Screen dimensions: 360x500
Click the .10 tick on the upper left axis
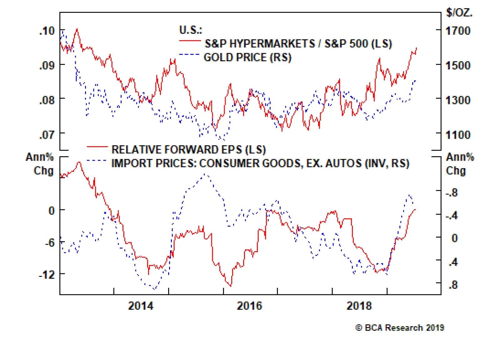point(47,31)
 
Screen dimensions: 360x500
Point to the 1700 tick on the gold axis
point(458,31)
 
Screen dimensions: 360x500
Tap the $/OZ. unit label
point(459,13)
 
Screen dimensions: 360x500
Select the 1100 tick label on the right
point(458,135)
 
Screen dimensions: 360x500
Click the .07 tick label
point(47,135)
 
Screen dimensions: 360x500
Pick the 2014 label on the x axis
point(141,306)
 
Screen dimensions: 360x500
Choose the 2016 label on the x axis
point(249,306)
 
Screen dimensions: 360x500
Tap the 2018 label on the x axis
point(359,306)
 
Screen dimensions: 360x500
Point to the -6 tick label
point(50,242)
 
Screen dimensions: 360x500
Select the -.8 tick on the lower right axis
point(452,192)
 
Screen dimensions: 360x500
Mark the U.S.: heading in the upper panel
point(191,30)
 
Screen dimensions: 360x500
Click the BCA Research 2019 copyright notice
point(400,328)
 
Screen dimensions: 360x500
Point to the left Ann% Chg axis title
point(40,163)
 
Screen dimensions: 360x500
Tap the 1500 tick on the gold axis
point(458,66)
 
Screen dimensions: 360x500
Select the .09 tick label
point(47,66)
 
